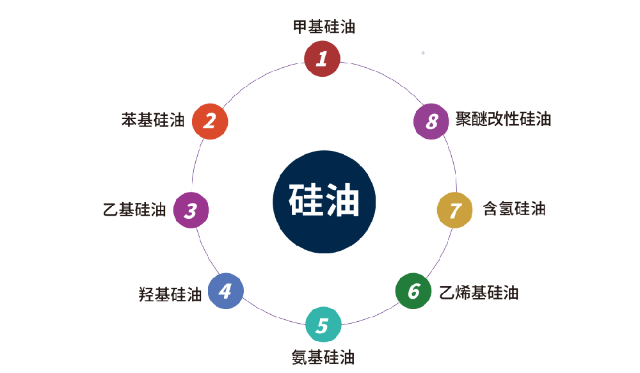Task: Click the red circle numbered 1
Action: click(321, 58)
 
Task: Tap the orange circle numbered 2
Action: click(210, 120)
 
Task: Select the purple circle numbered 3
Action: click(191, 210)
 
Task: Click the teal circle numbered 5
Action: click(323, 325)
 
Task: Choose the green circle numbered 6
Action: click(413, 291)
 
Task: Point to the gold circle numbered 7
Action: click(454, 210)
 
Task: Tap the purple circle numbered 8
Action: click(431, 121)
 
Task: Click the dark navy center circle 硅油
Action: click(324, 202)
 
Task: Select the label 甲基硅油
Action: click(324, 27)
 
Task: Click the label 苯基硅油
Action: click(153, 120)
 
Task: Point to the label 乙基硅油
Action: click(134, 210)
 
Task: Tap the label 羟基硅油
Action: click(170, 294)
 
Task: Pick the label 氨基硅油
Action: click(323, 357)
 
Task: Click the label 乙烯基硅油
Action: click(479, 293)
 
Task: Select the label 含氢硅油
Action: click(514, 209)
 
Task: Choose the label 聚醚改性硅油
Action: click(503, 120)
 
